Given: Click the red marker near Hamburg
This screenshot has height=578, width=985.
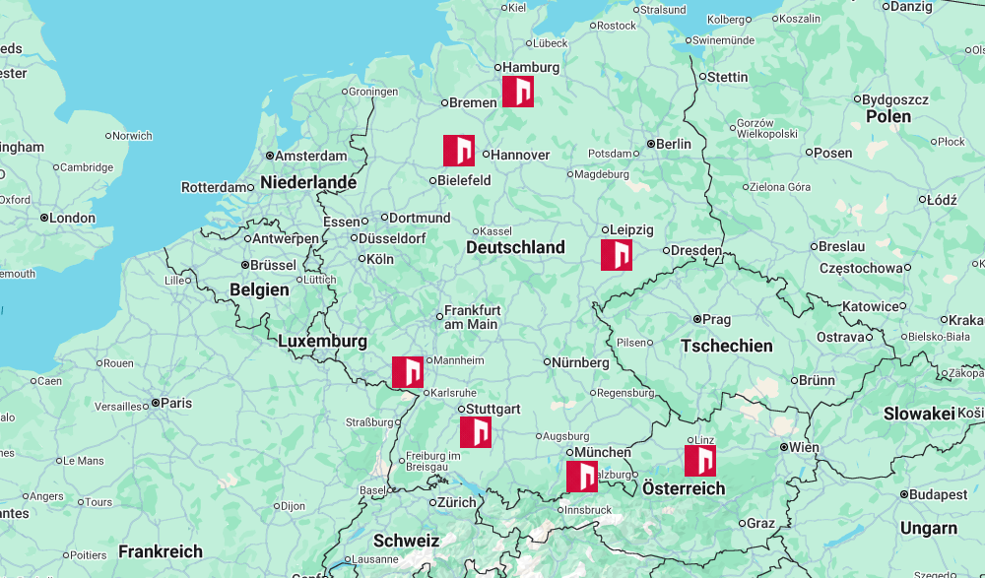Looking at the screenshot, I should [518, 92].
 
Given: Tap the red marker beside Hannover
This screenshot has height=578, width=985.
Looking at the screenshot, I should [459, 151].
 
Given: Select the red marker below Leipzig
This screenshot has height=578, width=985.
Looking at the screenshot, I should [617, 255].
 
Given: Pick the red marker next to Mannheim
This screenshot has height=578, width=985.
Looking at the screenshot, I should [408, 372].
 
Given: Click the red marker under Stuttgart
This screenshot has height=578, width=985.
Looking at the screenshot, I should [476, 432].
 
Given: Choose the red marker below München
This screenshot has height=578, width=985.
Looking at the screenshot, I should [582, 477].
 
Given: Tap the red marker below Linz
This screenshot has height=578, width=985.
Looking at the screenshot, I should [700, 461].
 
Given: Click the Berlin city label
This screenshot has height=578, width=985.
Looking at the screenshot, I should [674, 144].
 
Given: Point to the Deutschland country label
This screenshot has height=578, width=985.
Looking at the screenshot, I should [515, 247].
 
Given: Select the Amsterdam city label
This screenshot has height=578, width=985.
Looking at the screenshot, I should [310, 156].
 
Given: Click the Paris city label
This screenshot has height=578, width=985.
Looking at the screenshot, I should [176, 403].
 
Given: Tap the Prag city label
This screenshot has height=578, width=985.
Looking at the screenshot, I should [716, 319].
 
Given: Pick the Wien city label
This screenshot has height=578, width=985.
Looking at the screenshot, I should [804, 447].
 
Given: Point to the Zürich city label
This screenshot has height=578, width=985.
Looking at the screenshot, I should [456, 502].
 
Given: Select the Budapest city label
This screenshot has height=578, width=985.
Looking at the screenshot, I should [940, 494].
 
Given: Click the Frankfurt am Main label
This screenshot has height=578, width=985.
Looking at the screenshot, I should [472, 316].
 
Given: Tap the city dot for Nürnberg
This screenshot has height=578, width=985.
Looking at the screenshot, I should [547, 362].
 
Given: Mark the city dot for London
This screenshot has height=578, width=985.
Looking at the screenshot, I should [44, 218].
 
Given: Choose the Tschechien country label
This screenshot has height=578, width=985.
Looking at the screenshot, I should [727, 346].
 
